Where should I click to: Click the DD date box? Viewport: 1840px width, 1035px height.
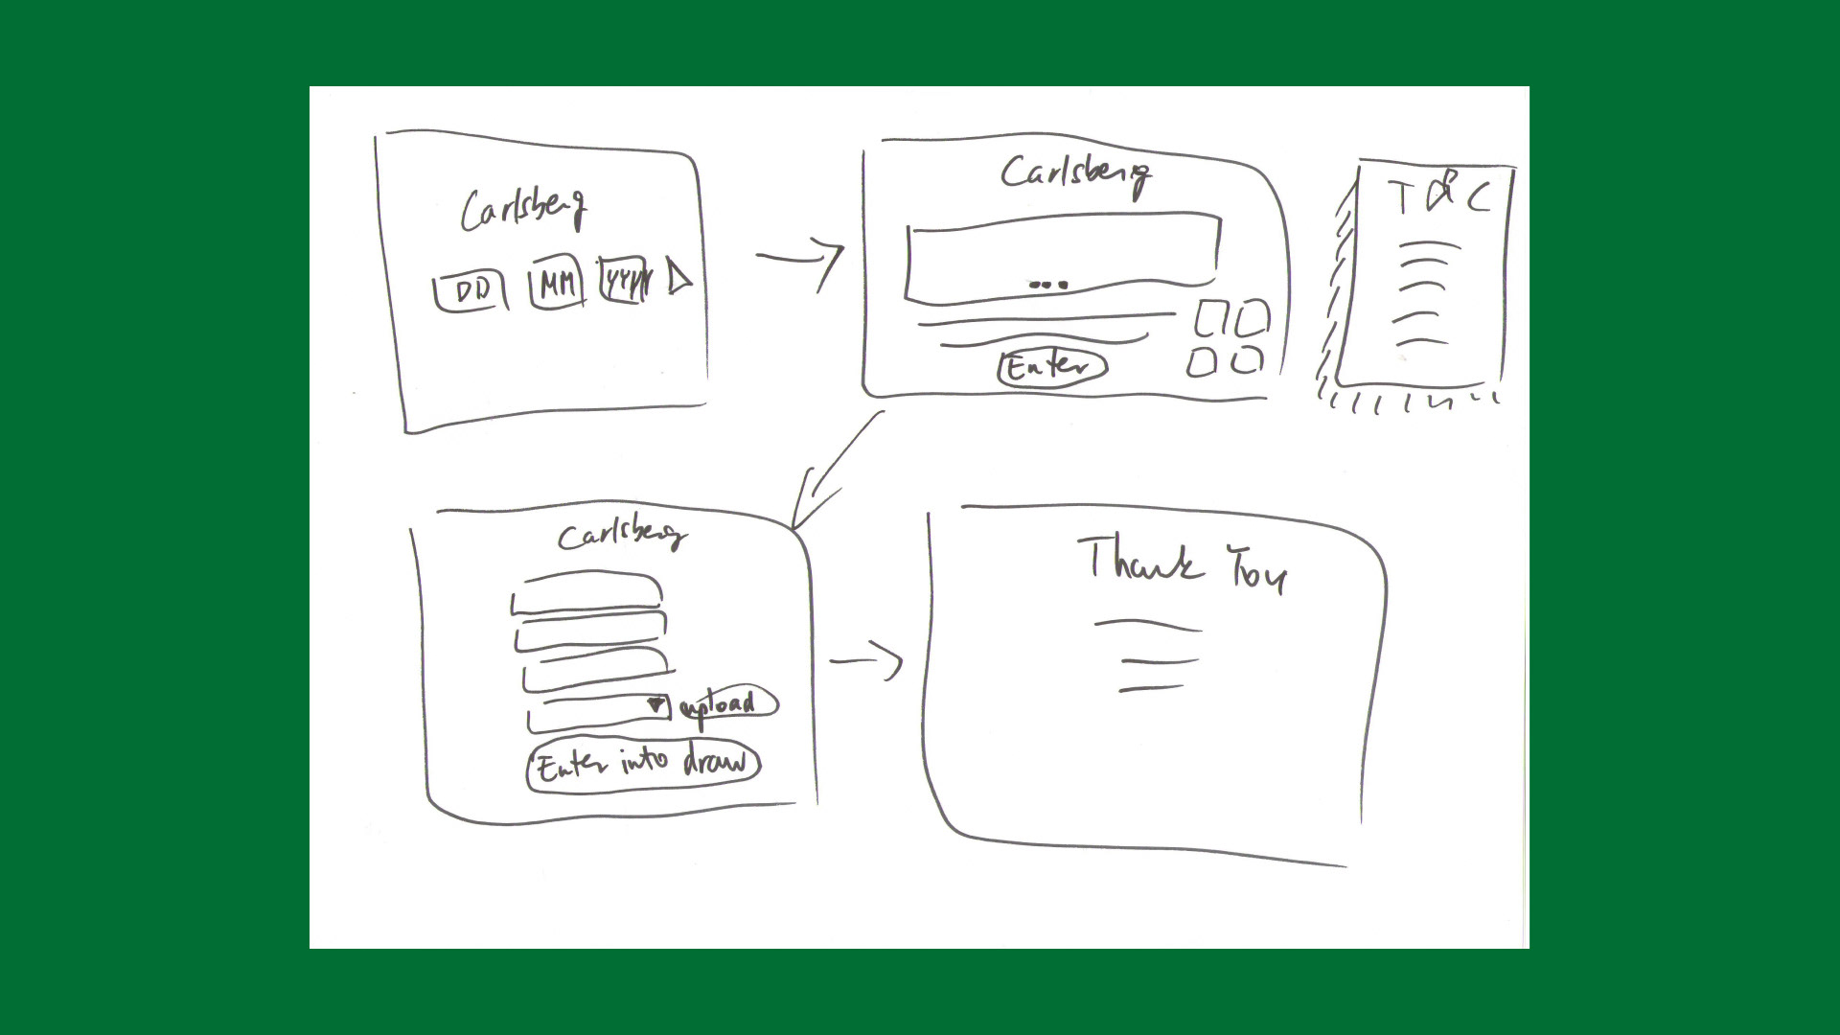pyautogui.click(x=471, y=291)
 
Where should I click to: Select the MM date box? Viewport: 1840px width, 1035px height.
pyautogui.click(x=557, y=285)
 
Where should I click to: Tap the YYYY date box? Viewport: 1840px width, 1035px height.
pyautogui.click(x=624, y=282)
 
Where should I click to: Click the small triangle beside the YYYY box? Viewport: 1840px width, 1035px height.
pyautogui.click(x=678, y=278)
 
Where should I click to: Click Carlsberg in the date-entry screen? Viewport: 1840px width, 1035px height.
pyautogui.click(x=523, y=208)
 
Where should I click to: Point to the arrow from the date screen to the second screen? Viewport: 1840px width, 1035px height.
pyautogui.click(x=800, y=260)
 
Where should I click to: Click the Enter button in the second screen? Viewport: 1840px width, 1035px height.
pyautogui.click(x=1051, y=367)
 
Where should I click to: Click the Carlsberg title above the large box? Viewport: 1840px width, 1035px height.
pyautogui.click(x=1075, y=174)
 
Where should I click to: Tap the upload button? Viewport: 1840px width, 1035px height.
pyautogui.click(x=727, y=705)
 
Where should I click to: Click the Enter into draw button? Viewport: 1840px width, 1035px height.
pyautogui.click(x=642, y=765)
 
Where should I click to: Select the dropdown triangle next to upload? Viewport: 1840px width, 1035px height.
pyautogui.click(x=656, y=705)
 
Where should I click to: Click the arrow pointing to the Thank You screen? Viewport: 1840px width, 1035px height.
pyautogui.click(x=866, y=661)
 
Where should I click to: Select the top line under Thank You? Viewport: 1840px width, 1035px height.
pyautogui.click(x=1147, y=626)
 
